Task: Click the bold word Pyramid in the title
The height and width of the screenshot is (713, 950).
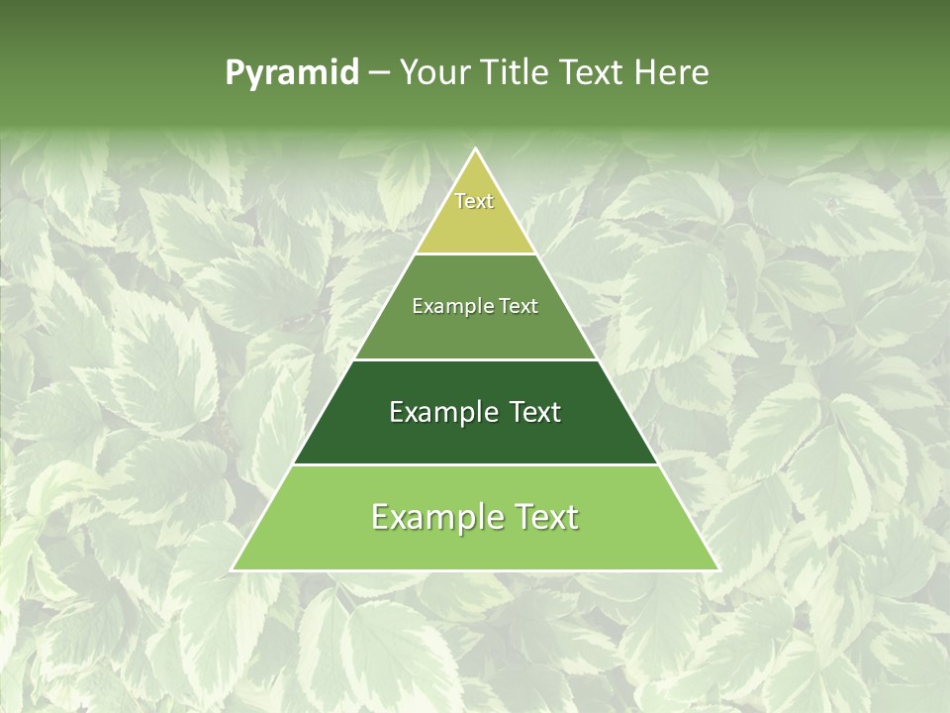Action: tap(292, 72)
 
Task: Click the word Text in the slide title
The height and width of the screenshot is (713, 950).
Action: tap(595, 72)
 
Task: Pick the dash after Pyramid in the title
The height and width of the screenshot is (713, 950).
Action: tap(379, 73)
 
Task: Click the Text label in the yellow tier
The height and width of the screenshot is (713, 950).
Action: tap(474, 201)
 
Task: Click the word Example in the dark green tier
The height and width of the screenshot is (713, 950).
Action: tap(440, 412)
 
